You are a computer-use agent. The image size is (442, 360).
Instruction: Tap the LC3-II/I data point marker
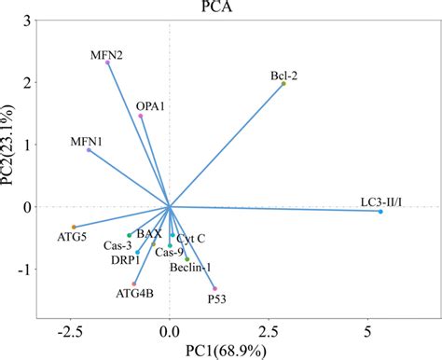[380, 212]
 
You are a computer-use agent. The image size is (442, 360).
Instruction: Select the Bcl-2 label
[284, 75]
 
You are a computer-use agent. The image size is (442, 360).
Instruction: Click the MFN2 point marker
[108, 62]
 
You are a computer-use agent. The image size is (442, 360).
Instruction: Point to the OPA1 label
[150, 106]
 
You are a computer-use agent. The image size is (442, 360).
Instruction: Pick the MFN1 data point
[89, 150]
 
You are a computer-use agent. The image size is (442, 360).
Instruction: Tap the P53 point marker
[214, 288]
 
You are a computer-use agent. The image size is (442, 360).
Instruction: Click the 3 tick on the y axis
[28, 21]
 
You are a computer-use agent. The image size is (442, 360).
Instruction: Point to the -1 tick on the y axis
[24, 270]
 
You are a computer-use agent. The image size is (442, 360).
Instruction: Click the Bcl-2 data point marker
[284, 83]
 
